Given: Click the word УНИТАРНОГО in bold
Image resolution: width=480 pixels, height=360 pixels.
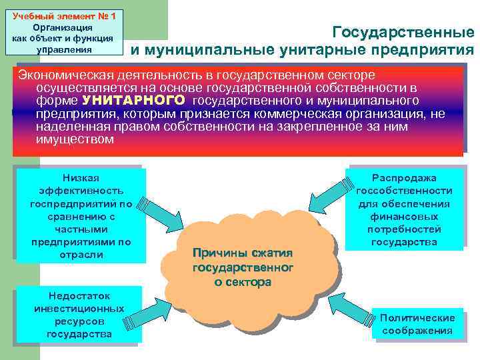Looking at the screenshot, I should tap(133, 101).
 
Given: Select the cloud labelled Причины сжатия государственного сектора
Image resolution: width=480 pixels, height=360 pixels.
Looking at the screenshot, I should tap(242, 267).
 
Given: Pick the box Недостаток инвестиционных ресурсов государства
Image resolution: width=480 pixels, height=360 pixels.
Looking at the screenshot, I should tap(79, 315).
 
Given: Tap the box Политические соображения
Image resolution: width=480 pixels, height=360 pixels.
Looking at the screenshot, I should tap(417, 324).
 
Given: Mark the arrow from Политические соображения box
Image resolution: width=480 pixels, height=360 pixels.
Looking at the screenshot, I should tap(347, 311).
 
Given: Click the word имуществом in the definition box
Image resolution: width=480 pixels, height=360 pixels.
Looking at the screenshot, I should tap(75, 140).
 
